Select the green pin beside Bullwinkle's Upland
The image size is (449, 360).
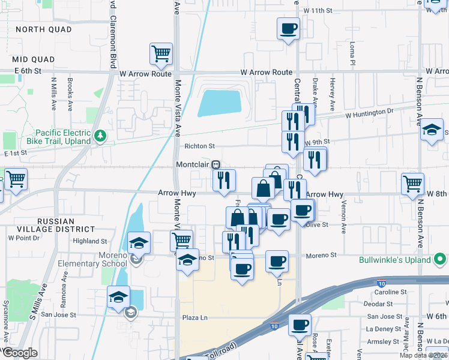click(441, 260)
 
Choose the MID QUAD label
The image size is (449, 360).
click(33, 59)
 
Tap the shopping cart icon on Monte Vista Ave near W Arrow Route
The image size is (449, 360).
click(161, 53)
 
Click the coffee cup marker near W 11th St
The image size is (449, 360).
click(288, 28)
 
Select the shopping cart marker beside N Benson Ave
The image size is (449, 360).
click(412, 184)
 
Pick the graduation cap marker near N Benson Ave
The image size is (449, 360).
click(430, 130)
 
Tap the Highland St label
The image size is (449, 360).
click(89, 241)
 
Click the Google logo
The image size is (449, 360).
click(20, 352)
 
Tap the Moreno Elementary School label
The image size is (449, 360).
click(92, 259)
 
